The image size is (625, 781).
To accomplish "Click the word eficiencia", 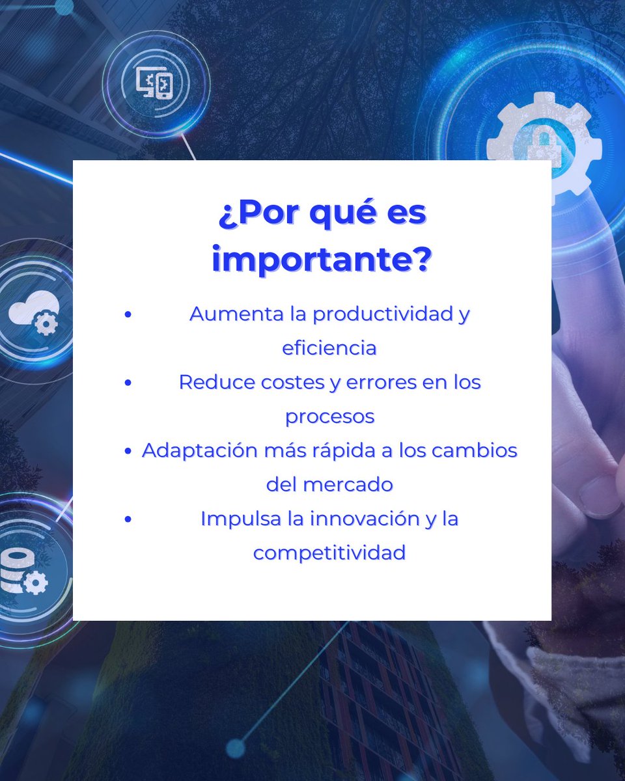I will pyautogui.click(x=329, y=348).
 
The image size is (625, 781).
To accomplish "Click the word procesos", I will pyautogui.click(x=329, y=416).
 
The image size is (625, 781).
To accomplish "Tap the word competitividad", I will pyautogui.click(x=329, y=553).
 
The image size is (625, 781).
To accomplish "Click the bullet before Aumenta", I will pyautogui.click(x=128, y=314).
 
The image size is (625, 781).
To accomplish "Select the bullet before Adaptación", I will pyautogui.click(x=128, y=450).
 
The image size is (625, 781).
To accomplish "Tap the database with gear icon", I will pyautogui.click(x=23, y=570).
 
